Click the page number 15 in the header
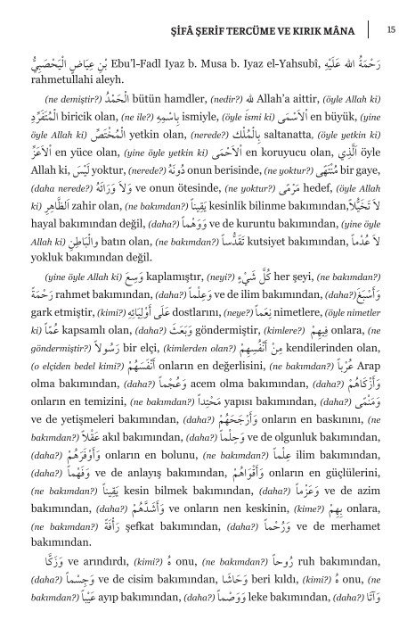[391, 29]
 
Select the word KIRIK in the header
[316, 29]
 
